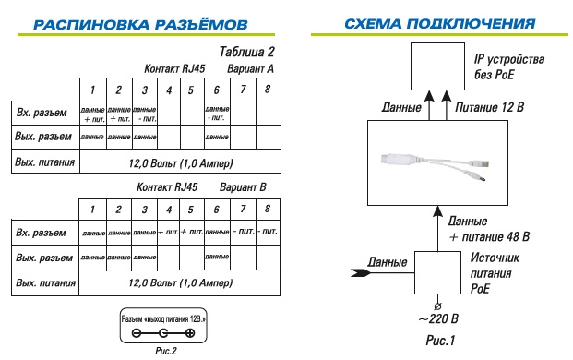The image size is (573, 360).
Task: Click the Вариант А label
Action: (x=251, y=69)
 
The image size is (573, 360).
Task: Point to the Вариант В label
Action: (x=243, y=187)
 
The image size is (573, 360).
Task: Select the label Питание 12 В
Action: (x=491, y=109)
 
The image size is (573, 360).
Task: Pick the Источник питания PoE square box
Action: (x=433, y=273)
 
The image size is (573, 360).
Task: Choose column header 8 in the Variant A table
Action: (x=267, y=90)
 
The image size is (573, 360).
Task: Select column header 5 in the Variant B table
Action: (x=190, y=210)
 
